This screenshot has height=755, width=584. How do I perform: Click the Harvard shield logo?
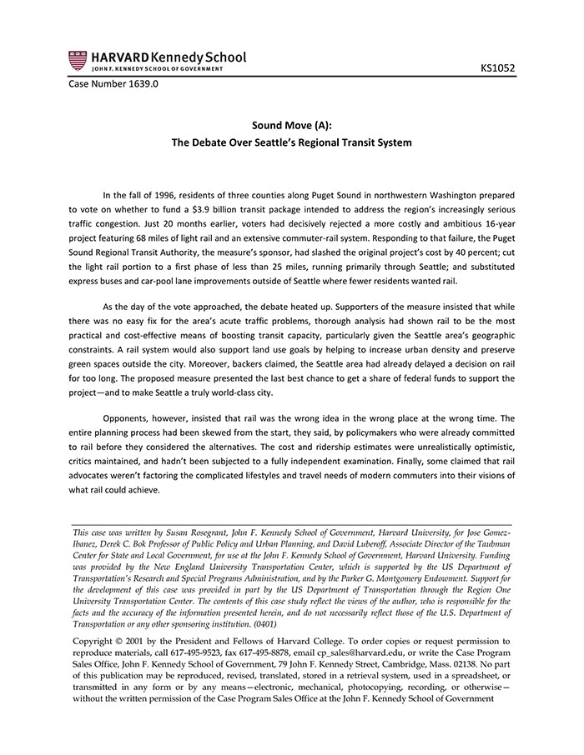78,60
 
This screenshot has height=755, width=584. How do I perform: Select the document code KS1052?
498,67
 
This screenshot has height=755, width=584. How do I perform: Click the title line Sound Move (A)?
291,125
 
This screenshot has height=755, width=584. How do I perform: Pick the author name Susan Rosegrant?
207,532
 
